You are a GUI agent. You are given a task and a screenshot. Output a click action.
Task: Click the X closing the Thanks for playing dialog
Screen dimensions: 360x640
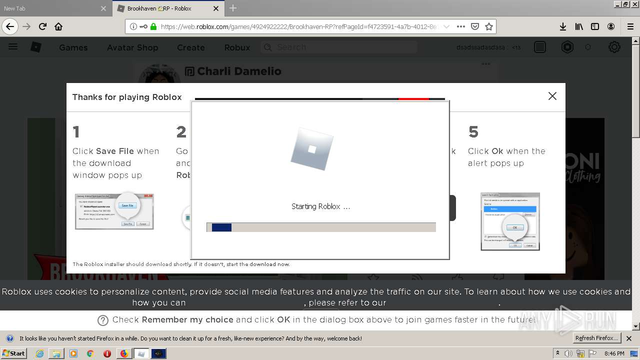[552, 96]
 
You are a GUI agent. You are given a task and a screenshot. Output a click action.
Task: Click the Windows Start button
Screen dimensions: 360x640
[14, 353]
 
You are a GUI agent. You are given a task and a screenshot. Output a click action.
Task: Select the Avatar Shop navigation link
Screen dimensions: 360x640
[132, 47]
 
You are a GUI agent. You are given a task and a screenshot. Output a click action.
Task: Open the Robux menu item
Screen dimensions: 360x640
[237, 47]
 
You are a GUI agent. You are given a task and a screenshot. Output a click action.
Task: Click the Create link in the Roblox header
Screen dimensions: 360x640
[190, 47]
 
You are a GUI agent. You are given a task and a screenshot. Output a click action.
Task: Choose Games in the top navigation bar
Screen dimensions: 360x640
[73, 47]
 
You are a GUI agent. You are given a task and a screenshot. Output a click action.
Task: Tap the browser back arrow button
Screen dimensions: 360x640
[10, 26]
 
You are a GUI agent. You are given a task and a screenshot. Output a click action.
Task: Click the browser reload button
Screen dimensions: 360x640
[42, 26]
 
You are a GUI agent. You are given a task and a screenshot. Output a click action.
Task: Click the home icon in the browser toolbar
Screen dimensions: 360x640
[58, 26]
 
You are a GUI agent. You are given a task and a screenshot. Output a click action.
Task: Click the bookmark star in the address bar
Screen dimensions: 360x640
[489, 26]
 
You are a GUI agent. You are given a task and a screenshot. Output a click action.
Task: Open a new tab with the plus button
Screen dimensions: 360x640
[233, 8]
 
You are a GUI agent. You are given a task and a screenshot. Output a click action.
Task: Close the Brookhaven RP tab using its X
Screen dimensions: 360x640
[216, 8]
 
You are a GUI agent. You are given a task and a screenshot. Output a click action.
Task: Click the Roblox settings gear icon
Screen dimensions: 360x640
[614, 47]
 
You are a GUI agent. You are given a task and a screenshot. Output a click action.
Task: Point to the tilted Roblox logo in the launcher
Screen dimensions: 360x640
[311, 148]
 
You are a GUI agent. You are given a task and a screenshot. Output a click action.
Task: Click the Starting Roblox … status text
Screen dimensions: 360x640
[320, 206]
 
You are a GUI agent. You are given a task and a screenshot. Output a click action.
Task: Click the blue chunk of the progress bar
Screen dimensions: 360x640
[221, 227]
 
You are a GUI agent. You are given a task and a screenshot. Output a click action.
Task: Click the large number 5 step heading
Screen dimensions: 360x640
[473, 132]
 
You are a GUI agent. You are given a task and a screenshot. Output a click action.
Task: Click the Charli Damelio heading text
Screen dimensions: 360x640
[239, 71]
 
